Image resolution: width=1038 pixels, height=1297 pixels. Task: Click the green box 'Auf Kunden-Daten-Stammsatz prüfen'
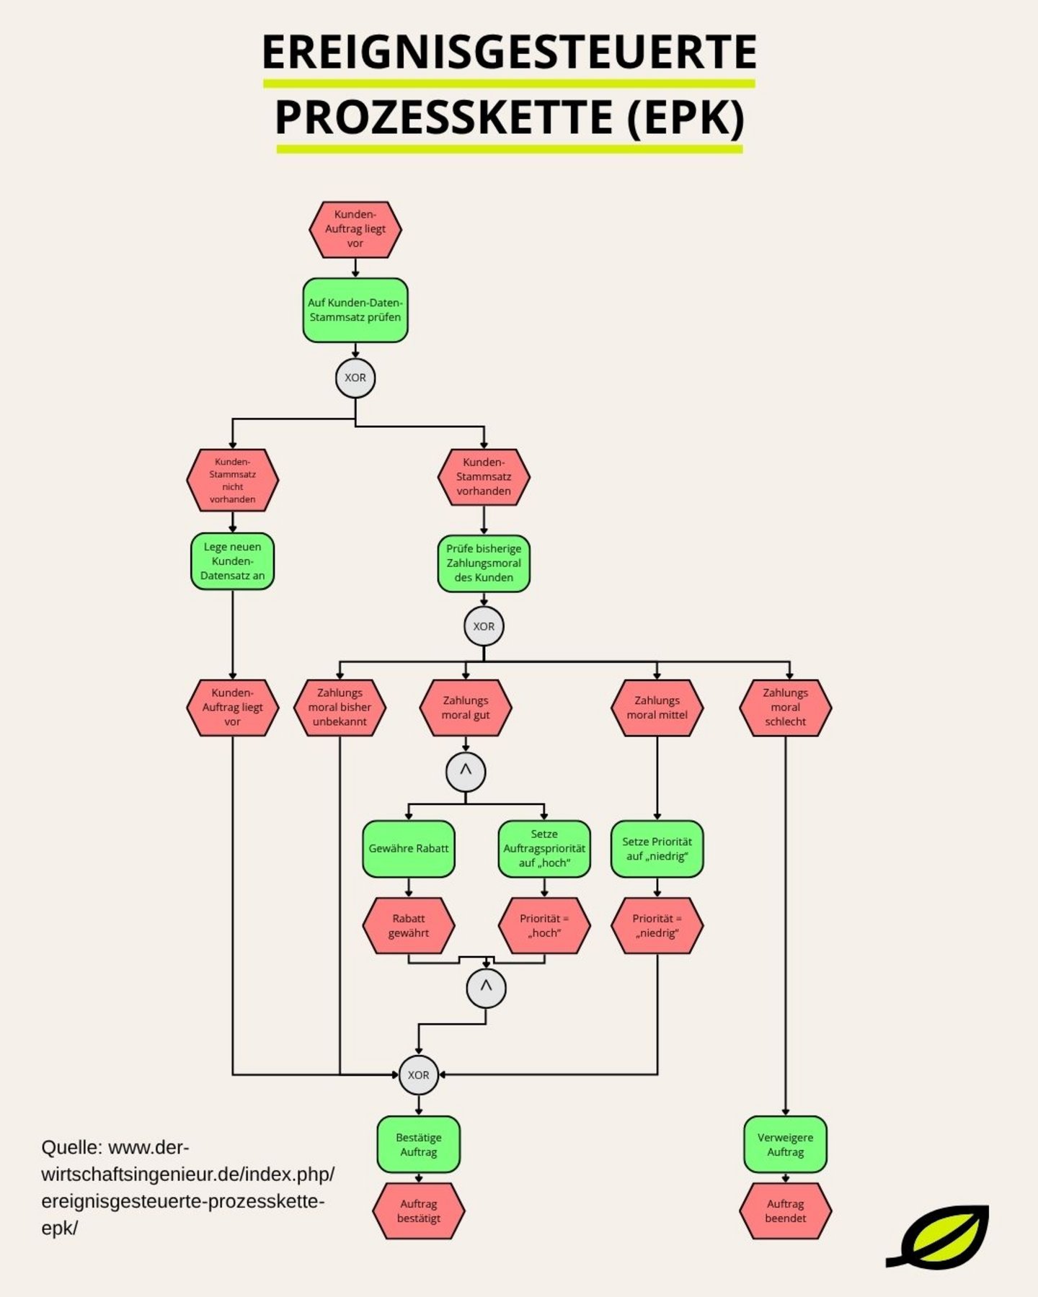point(355,310)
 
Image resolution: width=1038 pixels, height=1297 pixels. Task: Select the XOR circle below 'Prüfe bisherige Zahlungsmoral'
point(484,626)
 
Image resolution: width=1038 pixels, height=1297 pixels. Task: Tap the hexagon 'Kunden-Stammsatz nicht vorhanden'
point(232,480)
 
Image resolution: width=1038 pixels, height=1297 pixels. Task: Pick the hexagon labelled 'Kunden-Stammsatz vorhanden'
point(484,477)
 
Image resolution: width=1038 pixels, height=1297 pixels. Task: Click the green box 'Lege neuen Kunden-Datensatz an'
point(232,561)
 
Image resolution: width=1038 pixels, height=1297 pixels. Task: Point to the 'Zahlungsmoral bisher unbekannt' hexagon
point(340,708)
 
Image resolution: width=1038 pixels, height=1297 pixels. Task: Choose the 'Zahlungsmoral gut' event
point(466,708)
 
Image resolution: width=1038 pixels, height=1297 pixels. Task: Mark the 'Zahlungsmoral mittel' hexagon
point(657,708)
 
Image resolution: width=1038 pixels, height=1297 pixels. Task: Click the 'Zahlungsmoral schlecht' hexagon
point(785,708)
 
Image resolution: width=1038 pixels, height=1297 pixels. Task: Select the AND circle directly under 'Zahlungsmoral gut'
point(466,772)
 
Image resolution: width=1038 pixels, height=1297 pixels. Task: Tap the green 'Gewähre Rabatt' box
point(409,849)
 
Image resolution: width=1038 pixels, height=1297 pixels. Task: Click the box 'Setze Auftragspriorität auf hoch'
point(544,849)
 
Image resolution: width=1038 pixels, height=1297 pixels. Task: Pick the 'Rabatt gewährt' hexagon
point(409,926)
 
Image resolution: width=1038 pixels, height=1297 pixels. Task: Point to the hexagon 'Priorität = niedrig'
point(657,926)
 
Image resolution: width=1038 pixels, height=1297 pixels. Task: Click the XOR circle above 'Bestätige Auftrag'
point(418,1075)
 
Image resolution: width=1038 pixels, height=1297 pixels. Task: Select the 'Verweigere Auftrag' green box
point(785,1145)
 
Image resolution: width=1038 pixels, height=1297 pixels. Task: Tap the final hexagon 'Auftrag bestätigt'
point(418,1211)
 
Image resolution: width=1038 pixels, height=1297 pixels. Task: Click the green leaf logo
point(941,1237)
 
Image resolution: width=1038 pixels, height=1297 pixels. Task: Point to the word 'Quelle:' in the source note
point(72,1147)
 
